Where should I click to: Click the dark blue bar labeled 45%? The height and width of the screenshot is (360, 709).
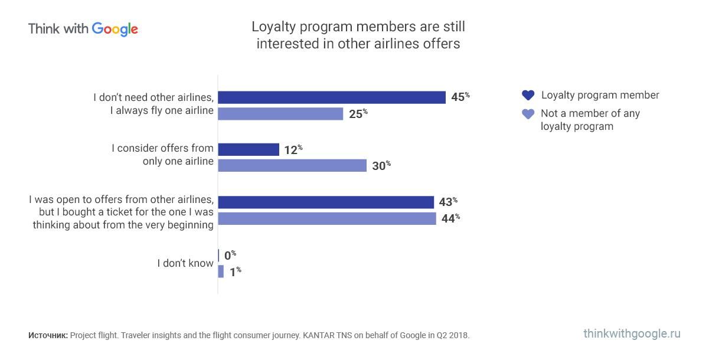pyautogui.click(x=332, y=97)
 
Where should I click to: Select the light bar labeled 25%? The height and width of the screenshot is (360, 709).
pyautogui.click(x=280, y=114)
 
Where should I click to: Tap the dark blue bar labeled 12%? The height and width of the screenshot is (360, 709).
pyautogui.click(x=249, y=150)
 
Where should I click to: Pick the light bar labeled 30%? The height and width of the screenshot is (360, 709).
pyautogui.click(x=292, y=166)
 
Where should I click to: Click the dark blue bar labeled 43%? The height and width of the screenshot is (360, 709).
pyautogui.click(x=326, y=202)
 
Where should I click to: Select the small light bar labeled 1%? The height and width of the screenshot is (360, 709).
pyautogui.click(x=221, y=271)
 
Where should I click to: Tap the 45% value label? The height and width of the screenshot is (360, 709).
pyautogui.click(x=460, y=97)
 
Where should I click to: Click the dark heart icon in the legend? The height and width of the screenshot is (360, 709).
pyautogui.click(x=528, y=96)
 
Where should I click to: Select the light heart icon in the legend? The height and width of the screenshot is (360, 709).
pyautogui.click(x=528, y=114)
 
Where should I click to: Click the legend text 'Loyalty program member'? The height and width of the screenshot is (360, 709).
pyautogui.click(x=600, y=95)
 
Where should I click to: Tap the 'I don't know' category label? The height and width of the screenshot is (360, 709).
pyautogui.click(x=185, y=263)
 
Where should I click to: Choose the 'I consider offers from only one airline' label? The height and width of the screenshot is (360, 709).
pyautogui.click(x=163, y=155)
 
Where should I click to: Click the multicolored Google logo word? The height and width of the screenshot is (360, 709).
pyautogui.click(x=115, y=29)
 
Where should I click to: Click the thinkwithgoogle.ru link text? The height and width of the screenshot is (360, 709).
pyautogui.click(x=632, y=333)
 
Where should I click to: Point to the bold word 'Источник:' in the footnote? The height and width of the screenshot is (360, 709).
pyautogui.click(x=48, y=335)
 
